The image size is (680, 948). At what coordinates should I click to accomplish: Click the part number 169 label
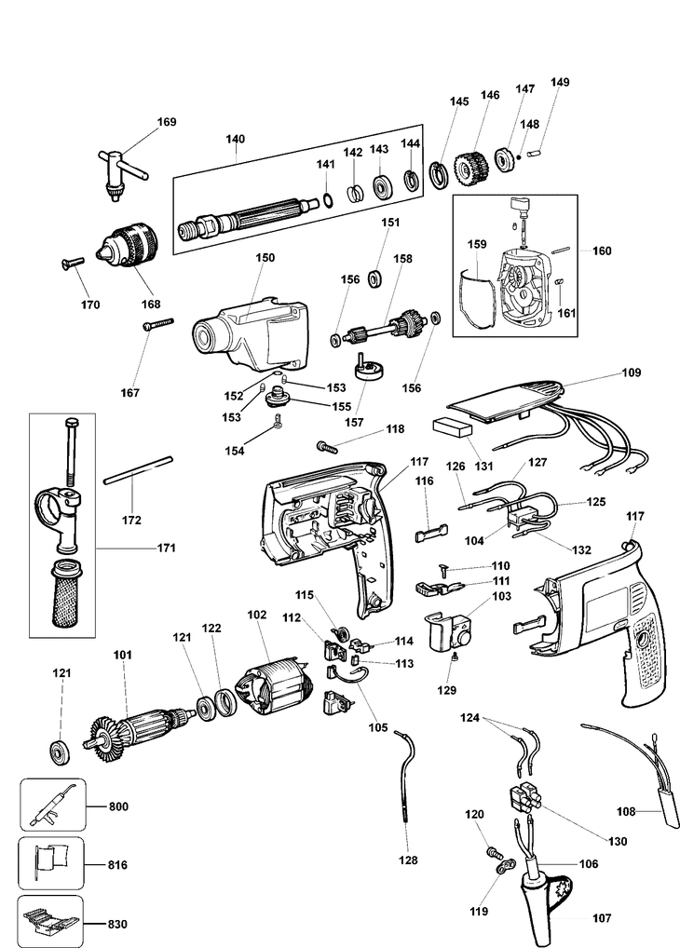pos(167,121)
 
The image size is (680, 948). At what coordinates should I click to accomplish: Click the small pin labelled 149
pos(536,154)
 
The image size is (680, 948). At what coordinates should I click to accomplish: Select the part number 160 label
pos(602,251)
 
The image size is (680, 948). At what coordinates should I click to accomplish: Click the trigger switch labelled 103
pos(450,631)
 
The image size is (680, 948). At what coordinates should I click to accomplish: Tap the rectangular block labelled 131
pos(452,427)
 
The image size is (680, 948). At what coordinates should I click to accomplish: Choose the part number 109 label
pos(631,372)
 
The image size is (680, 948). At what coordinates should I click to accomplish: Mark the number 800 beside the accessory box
pos(118,806)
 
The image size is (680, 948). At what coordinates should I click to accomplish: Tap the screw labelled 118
pos(327,447)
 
